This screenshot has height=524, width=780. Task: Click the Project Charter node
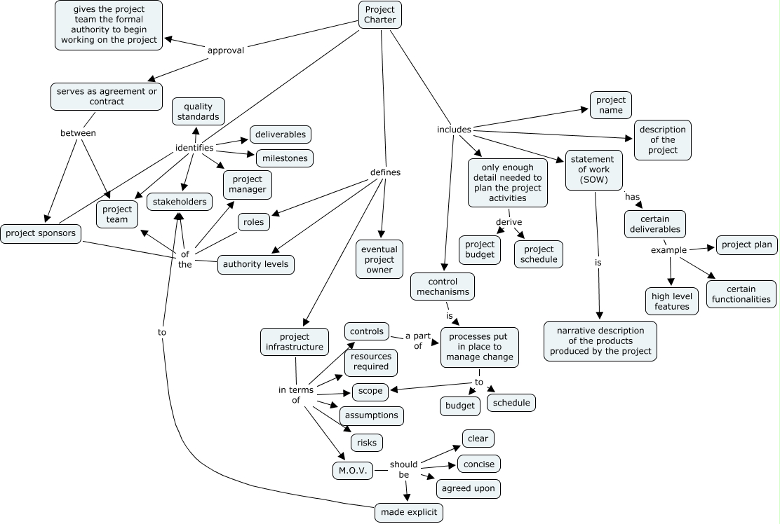point(380,15)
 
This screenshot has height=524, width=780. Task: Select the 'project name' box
point(611,105)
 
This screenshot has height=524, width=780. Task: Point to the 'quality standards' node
point(199,111)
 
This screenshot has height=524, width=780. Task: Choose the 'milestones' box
point(285,158)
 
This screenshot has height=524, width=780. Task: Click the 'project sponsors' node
point(40,233)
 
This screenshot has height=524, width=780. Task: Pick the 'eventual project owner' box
point(379,260)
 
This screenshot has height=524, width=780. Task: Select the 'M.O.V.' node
point(353,471)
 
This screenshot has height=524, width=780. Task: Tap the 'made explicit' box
point(409,512)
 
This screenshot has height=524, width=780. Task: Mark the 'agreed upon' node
point(469,488)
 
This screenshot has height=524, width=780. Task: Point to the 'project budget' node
point(480,249)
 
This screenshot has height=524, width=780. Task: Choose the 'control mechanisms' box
point(443,287)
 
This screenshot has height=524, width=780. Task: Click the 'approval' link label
point(226,50)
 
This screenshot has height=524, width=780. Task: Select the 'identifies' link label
point(194,148)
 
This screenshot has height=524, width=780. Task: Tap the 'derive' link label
point(509,222)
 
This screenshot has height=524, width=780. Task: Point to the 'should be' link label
point(404,469)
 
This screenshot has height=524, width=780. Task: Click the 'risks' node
point(367,443)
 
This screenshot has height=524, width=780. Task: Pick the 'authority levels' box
point(256,265)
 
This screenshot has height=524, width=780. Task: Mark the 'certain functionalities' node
point(741,294)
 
